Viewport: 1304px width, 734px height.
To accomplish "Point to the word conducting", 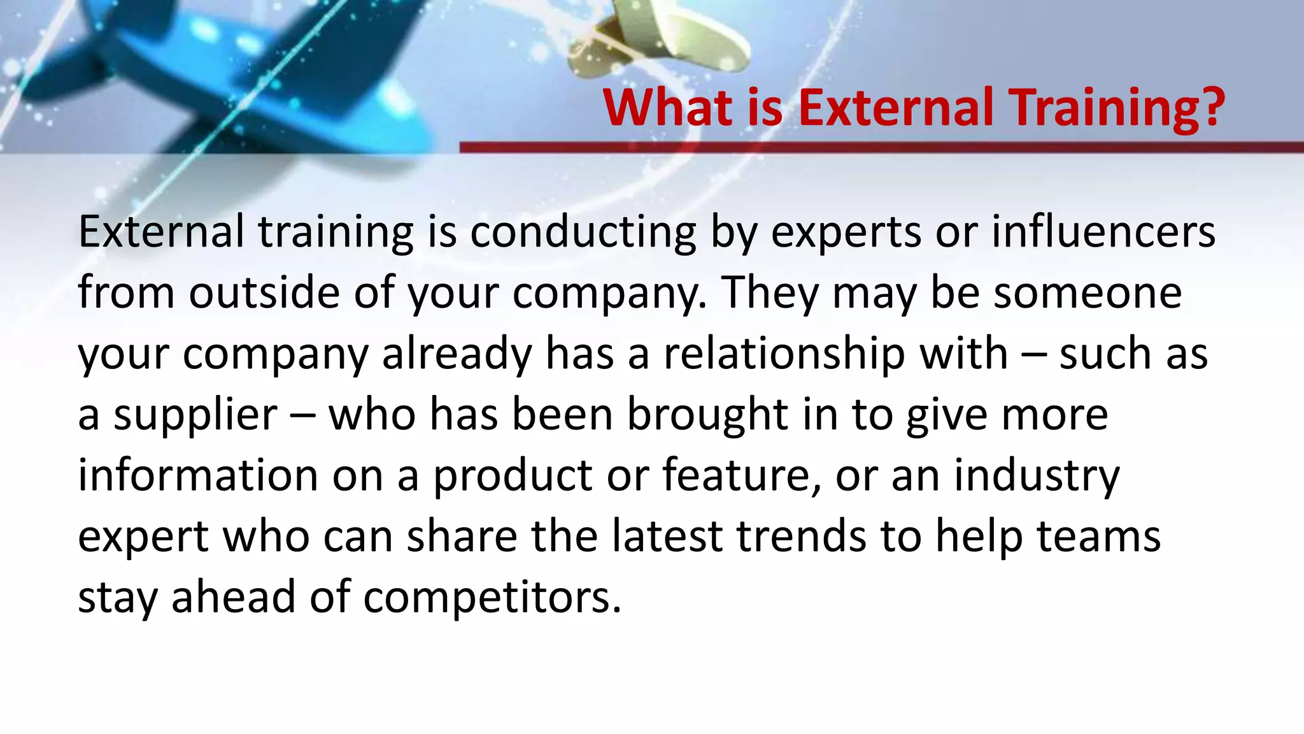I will coord(583,233).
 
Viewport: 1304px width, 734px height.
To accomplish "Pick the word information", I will coord(197,475).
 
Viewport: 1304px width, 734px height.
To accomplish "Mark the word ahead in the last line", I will coord(233,598).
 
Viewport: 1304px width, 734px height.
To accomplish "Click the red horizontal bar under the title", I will coord(881,147).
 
